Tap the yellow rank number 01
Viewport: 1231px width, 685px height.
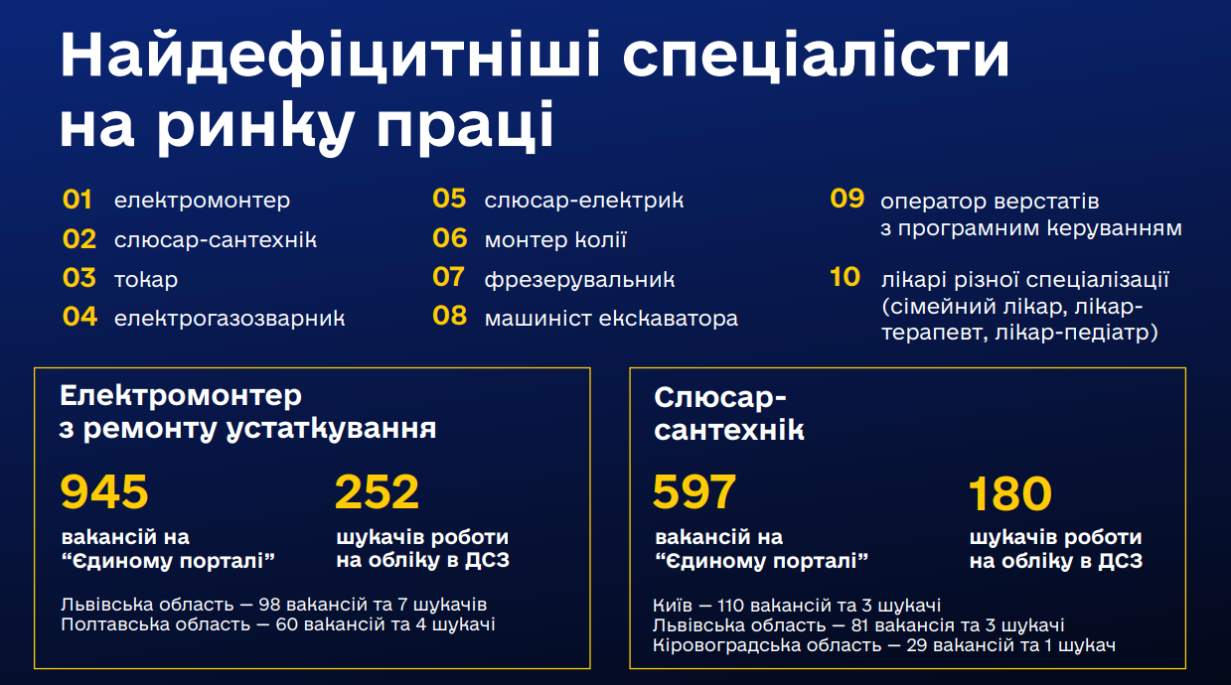click(x=77, y=200)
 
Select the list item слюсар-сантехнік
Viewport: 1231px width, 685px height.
click(x=216, y=239)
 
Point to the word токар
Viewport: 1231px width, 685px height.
click(x=146, y=280)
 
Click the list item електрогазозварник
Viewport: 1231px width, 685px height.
click(x=230, y=319)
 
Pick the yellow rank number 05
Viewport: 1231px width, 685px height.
click(x=449, y=199)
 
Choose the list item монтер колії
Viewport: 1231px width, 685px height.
click(x=555, y=239)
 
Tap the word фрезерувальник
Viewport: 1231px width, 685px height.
click(x=579, y=280)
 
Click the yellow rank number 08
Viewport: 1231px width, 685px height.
click(x=449, y=316)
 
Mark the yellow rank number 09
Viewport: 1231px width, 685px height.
click(x=846, y=199)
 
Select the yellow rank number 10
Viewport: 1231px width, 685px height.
click(x=845, y=277)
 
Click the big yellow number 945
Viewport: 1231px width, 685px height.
click(x=104, y=491)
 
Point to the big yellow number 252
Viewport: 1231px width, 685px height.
click(x=377, y=491)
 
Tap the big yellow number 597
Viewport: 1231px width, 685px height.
click(x=694, y=491)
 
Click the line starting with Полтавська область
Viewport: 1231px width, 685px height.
click(x=278, y=624)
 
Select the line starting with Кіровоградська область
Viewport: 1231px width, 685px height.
click(x=884, y=645)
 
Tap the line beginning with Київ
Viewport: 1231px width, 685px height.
click(x=797, y=606)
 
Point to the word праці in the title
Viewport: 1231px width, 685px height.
click(x=465, y=125)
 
